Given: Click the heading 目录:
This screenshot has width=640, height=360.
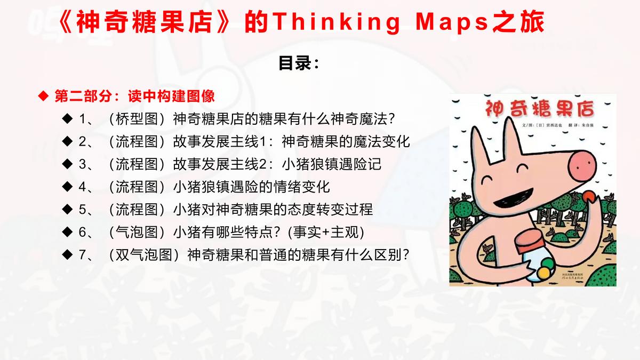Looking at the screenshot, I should pyautogui.click(x=299, y=63).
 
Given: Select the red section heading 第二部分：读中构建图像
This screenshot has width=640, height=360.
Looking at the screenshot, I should pyautogui.click(x=134, y=96).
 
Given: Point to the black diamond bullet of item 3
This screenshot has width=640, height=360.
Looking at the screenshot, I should pyautogui.click(x=67, y=164).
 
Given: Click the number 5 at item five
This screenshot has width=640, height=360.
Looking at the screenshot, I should pyautogui.click(x=82, y=209).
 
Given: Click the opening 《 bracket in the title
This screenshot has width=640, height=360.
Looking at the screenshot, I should pyautogui.click(x=63, y=23).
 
